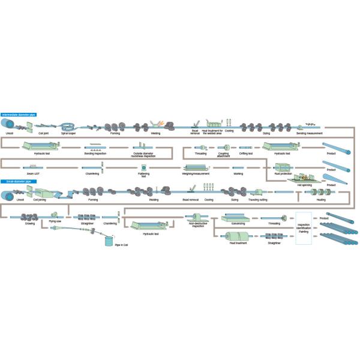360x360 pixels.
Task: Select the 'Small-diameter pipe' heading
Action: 17,181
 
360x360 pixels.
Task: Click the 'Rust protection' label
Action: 281,175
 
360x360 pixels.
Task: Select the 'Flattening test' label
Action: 143,176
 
